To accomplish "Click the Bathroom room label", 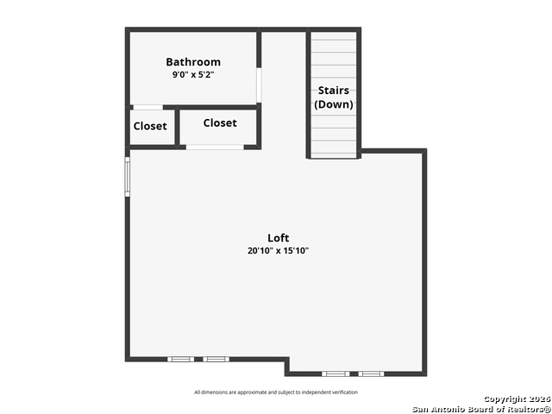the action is click(x=193, y=62).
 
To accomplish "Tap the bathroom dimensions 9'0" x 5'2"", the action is click(x=193, y=75).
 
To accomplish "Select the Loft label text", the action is click(x=278, y=238).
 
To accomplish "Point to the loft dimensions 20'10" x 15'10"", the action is click(x=278, y=251).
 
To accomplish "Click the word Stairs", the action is click(x=334, y=91).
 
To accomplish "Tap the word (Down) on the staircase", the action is click(x=334, y=104).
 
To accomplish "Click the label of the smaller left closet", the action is click(x=150, y=126).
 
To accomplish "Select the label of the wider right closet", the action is click(x=220, y=122).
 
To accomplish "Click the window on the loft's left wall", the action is click(x=128, y=177).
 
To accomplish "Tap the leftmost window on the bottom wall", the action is click(x=180, y=359).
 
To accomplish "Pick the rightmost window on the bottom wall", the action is click(x=371, y=373).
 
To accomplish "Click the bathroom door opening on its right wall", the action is click(x=259, y=85).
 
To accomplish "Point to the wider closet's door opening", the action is click(x=215, y=147).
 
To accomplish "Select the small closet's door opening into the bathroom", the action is click(x=147, y=107).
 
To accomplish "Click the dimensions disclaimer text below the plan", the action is click(x=276, y=392).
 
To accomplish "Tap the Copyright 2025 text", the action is click(x=517, y=399).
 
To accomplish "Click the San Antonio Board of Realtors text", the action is click(x=481, y=410).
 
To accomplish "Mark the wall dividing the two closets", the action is click(x=177, y=127).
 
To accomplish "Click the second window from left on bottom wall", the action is click(x=216, y=359).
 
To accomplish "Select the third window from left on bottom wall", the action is click(x=336, y=373).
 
